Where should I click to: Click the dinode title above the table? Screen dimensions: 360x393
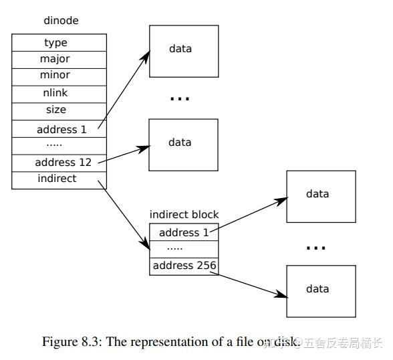click(61, 21)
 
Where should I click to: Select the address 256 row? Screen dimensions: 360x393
click(184, 266)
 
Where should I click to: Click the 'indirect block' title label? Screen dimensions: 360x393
click(184, 215)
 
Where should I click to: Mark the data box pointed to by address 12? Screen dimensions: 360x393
click(183, 143)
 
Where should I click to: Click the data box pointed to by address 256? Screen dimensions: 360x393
click(317, 289)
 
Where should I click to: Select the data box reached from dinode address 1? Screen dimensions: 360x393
click(183, 49)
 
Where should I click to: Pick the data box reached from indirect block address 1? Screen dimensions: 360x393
click(317, 195)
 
